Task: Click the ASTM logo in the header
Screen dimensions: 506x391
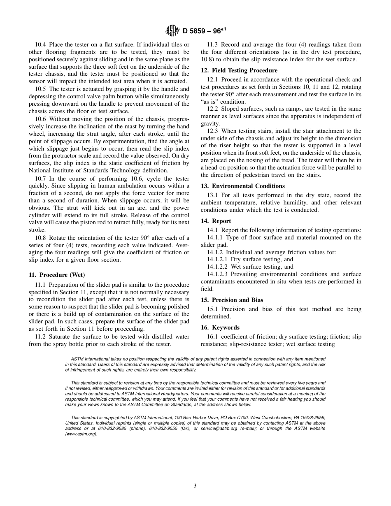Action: tap(172, 30)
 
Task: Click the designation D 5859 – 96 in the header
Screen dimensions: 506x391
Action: tap(202, 30)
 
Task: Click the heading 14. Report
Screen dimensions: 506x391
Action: tap(221, 221)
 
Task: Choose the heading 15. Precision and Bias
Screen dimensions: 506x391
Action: tap(237, 300)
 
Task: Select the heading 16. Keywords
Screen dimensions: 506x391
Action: tap(226, 327)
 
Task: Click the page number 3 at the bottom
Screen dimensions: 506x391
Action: tap(195, 485)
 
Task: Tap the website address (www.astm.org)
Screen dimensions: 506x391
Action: tap(81, 434)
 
